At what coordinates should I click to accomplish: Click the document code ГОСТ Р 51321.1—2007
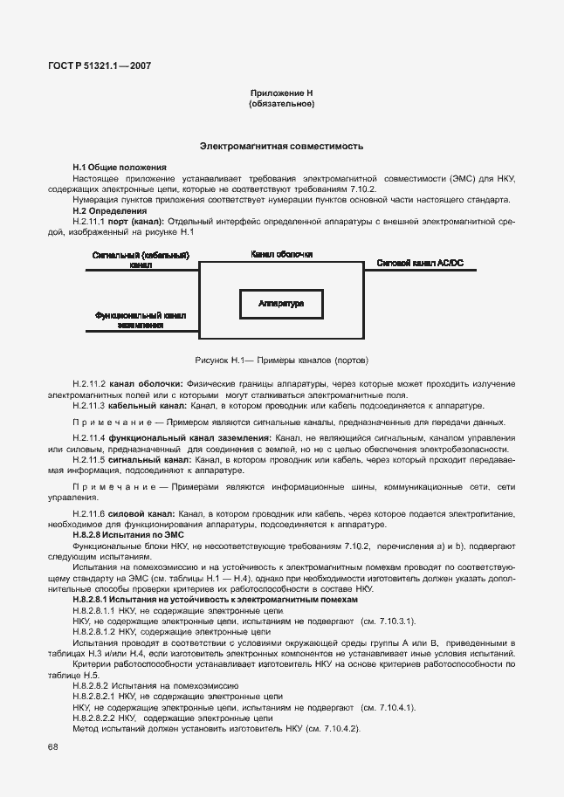pyautogui.click(x=100, y=65)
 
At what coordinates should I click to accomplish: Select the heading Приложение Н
pyautogui.click(x=281, y=93)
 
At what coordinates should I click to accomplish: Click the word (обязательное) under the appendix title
pyautogui.click(x=281, y=103)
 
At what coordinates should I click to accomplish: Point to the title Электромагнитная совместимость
pyautogui.click(x=281, y=147)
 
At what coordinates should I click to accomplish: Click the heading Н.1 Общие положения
pyautogui.click(x=120, y=167)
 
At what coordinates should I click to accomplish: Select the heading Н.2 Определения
pyautogui.click(x=110, y=210)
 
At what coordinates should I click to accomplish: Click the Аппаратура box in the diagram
pyautogui.click(x=281, y=304)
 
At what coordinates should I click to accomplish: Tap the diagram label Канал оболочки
pyautogui.click(x=281, y=254)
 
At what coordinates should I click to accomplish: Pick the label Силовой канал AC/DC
pyautogui.click(x=421, y=262)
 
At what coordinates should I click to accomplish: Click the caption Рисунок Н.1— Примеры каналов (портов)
pyautogui.click(x=281, y=360)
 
